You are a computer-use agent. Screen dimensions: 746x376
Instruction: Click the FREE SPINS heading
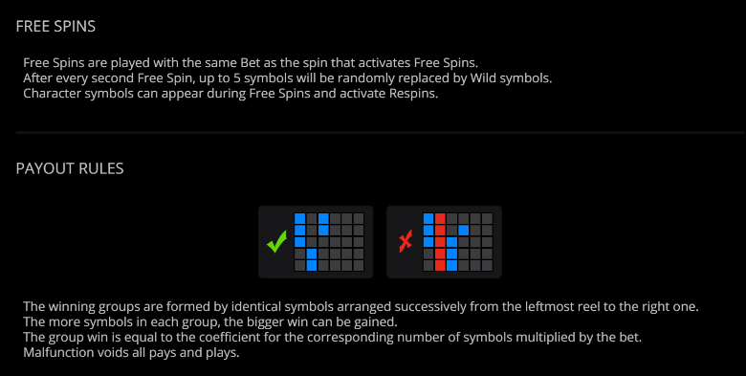tap(55, 26)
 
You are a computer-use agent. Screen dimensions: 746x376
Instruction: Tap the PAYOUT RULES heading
tap(70, 168)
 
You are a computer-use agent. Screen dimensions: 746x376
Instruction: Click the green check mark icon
tap(277, 241)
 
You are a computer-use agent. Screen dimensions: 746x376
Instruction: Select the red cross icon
tap(406, 242)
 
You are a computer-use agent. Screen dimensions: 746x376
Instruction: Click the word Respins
tap(413, 94)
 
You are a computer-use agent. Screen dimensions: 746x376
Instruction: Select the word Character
tap(53, 94)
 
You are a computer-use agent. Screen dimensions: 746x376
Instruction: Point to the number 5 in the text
tap(237, 78)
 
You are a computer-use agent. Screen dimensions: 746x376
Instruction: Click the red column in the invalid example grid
tap(440, 242)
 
